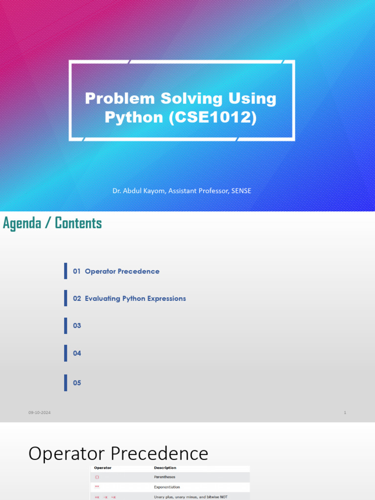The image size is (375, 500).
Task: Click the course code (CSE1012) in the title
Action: (213, 117)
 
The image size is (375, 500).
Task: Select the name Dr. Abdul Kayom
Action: (139, 191)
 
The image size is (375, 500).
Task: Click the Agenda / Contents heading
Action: (52, 223)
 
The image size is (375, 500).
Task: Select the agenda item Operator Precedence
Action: (122, 271)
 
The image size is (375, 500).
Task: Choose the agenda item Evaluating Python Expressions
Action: (135, 298)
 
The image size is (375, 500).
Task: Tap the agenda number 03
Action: (77, 326)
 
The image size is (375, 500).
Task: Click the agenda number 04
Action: (77, 353)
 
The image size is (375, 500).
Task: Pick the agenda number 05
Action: (77, 383)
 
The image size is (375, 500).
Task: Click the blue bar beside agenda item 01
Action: (65, 271)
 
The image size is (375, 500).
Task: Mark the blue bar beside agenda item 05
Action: (65, 383)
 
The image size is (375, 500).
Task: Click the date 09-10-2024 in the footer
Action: (40, 413)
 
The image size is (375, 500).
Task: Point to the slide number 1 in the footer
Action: (345, 413)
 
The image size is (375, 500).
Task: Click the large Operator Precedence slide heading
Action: (118, 454)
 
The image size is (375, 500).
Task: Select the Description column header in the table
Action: (165, 468)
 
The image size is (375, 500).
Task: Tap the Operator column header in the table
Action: (103, 468)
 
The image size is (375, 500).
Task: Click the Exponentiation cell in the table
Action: (167, 487)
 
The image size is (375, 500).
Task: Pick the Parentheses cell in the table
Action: (165, 477)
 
